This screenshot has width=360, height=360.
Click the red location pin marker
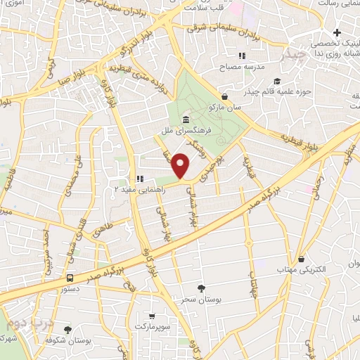[181, 165]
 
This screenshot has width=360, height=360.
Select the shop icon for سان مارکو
[224, 96]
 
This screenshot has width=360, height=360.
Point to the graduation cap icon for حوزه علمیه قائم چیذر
[277, 81]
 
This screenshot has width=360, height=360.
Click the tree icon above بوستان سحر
[202, 288]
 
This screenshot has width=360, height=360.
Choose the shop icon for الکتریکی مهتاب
[302, 258]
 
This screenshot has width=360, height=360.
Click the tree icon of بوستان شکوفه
[67, 329]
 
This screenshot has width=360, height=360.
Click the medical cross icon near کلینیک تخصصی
[338, 32]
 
